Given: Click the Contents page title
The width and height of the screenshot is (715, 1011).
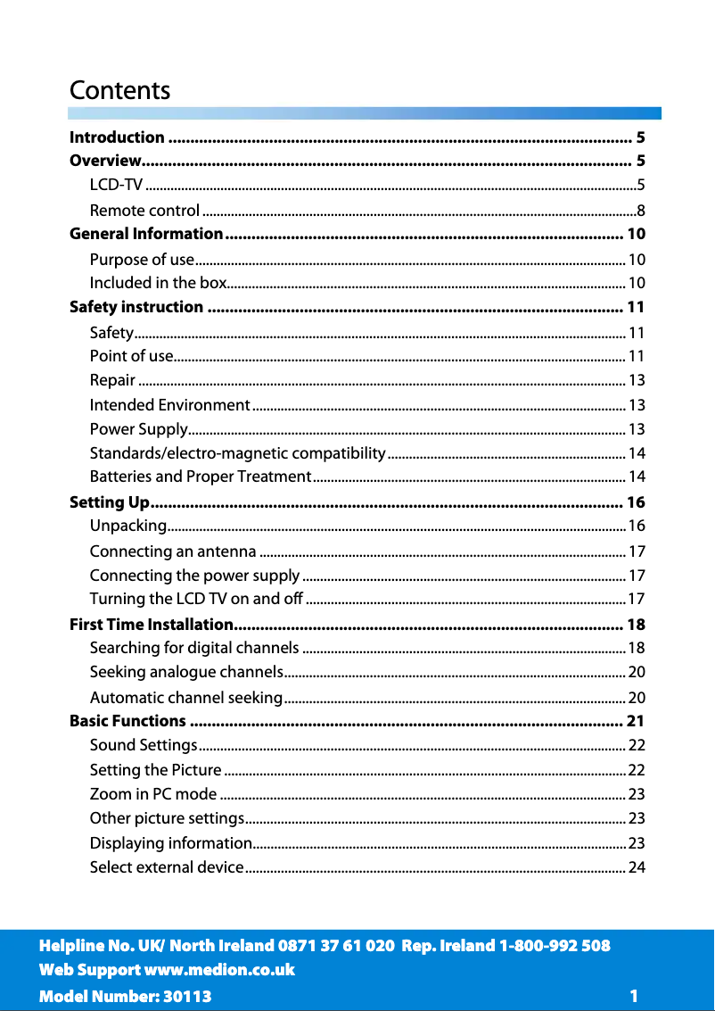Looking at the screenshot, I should click(x=119, y=91).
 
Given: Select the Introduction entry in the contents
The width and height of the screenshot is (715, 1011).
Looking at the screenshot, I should click(x=117, y=137).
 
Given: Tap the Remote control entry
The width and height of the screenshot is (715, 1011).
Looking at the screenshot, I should click(x=144, y=211).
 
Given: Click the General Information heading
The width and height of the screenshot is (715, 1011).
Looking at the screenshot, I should click(x=146, y=234).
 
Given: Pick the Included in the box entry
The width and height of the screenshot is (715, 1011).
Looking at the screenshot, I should click(x=158, y=283).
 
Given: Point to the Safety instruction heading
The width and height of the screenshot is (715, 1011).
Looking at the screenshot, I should click(x=136, y=307).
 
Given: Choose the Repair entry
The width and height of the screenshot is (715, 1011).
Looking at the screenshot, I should click(x=112, y=380).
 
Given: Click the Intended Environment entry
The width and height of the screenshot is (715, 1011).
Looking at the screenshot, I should click(x=169, y=405).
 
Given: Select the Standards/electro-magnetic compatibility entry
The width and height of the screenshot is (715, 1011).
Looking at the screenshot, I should click(x=237, y=453).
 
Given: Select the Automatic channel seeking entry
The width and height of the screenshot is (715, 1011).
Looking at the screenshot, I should click(x=186, y=696).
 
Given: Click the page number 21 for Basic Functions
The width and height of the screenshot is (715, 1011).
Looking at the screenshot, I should click(x=636, y=720).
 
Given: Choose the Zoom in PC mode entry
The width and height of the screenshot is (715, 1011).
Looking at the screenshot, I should click(x=153, y=793).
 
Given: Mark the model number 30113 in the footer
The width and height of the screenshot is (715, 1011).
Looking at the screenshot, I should click(x=185, y=996).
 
